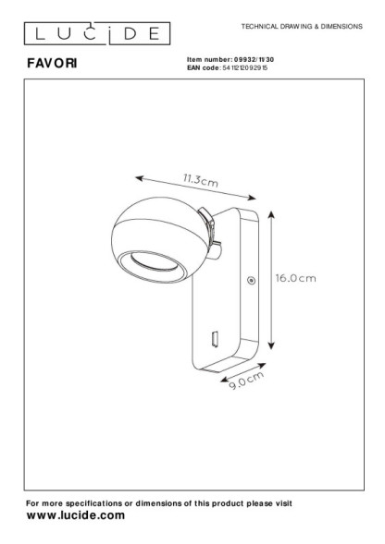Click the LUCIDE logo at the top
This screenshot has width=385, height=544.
97,33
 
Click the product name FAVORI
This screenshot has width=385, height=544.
52,63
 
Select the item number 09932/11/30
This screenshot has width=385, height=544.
254,60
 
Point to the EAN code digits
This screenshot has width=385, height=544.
245,67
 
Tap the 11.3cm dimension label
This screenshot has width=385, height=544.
201,180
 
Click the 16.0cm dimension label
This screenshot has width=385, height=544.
295,278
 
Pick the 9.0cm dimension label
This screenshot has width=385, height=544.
246,381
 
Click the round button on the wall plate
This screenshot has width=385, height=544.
251,280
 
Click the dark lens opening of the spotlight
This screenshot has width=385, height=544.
153,262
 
